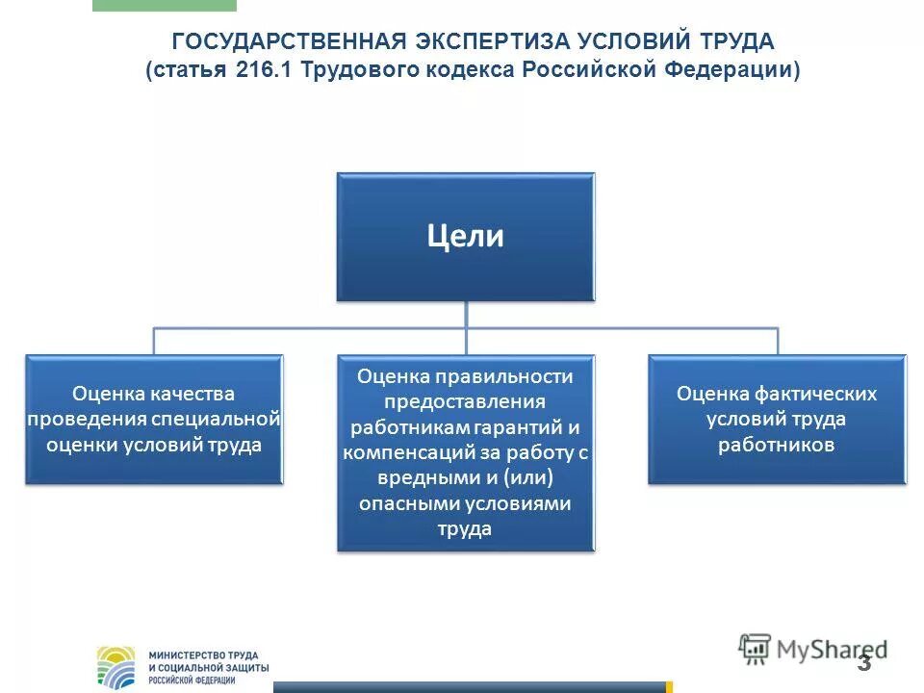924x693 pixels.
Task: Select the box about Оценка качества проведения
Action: pyautogui.click(x=154, y=419)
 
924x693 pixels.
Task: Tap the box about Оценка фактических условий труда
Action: pyautogui.click(x=777, y=419)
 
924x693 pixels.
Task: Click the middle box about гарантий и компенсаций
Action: pyautogui.click(x=466, y=452)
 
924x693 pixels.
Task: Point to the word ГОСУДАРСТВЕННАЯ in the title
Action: pyautogui.click(x=290, y=42)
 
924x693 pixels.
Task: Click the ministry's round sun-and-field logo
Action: pyautogui.click(x=119, y=667)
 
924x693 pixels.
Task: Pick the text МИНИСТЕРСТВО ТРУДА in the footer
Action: pyautogui.click(x=203, y=654)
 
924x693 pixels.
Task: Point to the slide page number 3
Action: pyautogui.click(x=863, y=663)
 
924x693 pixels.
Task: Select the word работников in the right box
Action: pyautogui.click(x=776, y=445)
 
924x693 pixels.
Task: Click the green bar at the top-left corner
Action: pyautogui.click(x=164, y=5)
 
